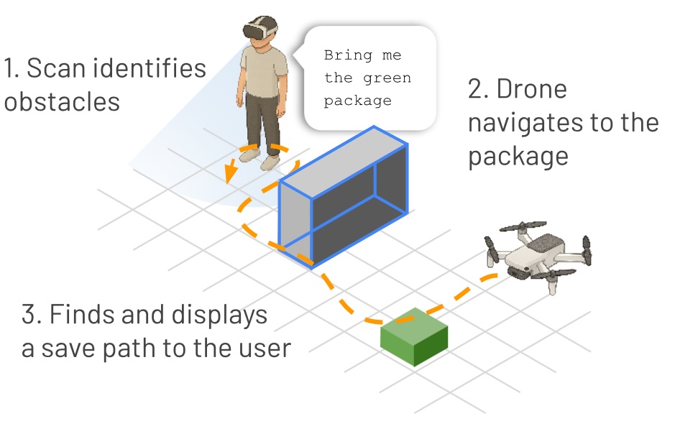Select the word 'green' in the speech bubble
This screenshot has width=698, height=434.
[389, 78]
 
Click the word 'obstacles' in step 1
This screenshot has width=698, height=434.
[62, 101]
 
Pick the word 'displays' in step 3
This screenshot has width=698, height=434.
[220, 315]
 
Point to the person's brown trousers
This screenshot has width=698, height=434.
[263, 123]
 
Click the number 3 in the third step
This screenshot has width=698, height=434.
[29, 315]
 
